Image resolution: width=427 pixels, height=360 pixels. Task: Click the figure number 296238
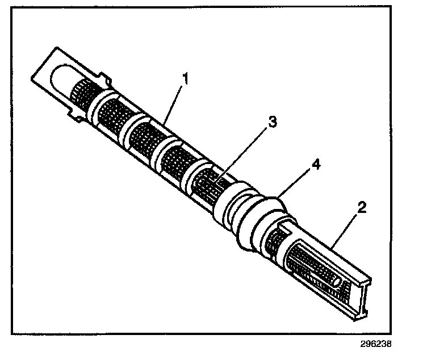(x=375, y=344)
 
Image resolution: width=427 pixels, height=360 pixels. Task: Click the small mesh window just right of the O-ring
(x=274, y=238)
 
